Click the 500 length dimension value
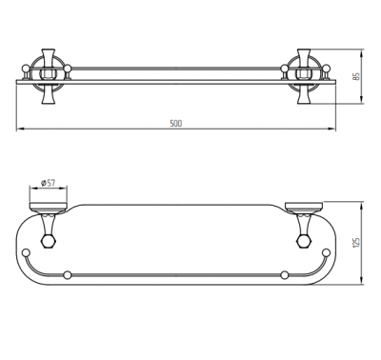[176, 123]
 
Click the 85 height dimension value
[356, 76]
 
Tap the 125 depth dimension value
[356, 243]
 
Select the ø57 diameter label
[48, 183]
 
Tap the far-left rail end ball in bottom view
[25, 253]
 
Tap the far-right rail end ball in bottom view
[326, 253]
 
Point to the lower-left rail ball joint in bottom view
[67, 275]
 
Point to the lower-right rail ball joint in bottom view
[285, 275]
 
